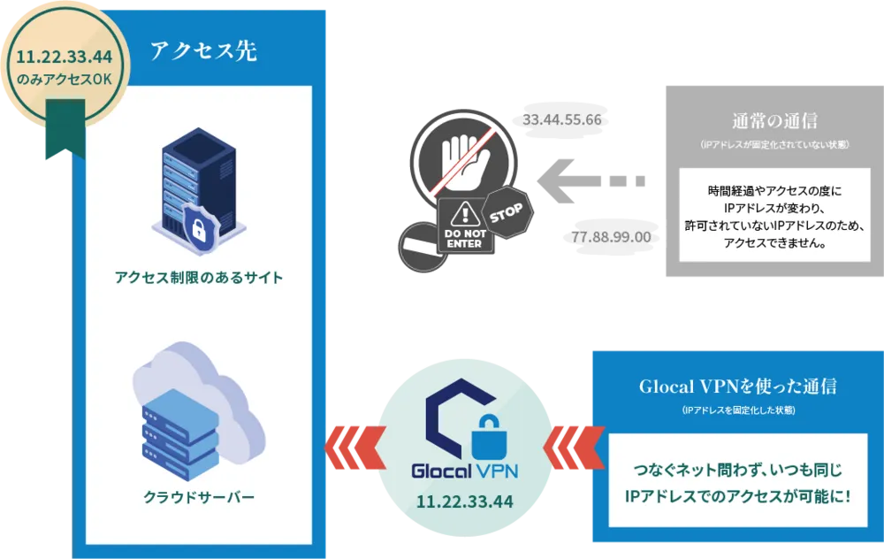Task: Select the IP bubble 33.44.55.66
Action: click(562, 119)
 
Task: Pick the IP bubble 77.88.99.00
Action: click(611, 237)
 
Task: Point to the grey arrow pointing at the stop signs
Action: click(584, 182)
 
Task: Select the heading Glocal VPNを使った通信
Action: click(737, 387)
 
